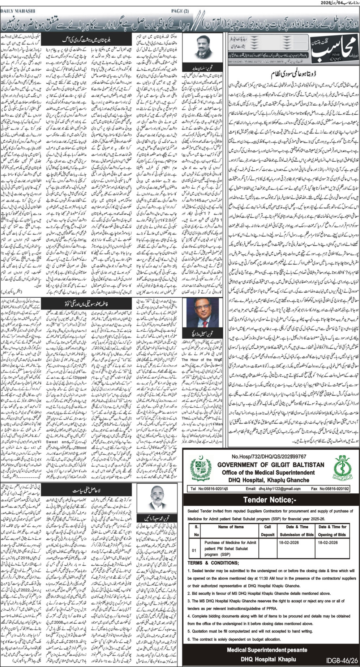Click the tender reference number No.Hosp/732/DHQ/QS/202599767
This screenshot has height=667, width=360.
(x=269, y=456)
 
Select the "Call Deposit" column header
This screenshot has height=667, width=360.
(x=267, y=531)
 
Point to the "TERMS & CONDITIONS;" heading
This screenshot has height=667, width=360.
(x=213, y=563)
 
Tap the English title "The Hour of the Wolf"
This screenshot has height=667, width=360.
(x=201, y=360)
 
